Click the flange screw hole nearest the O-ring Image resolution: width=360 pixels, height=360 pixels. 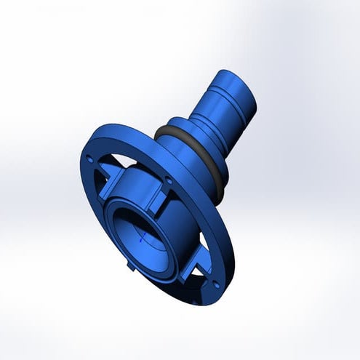[169, 179]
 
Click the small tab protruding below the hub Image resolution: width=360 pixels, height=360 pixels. [130, 268]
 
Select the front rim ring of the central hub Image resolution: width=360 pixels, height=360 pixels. [116, 218]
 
